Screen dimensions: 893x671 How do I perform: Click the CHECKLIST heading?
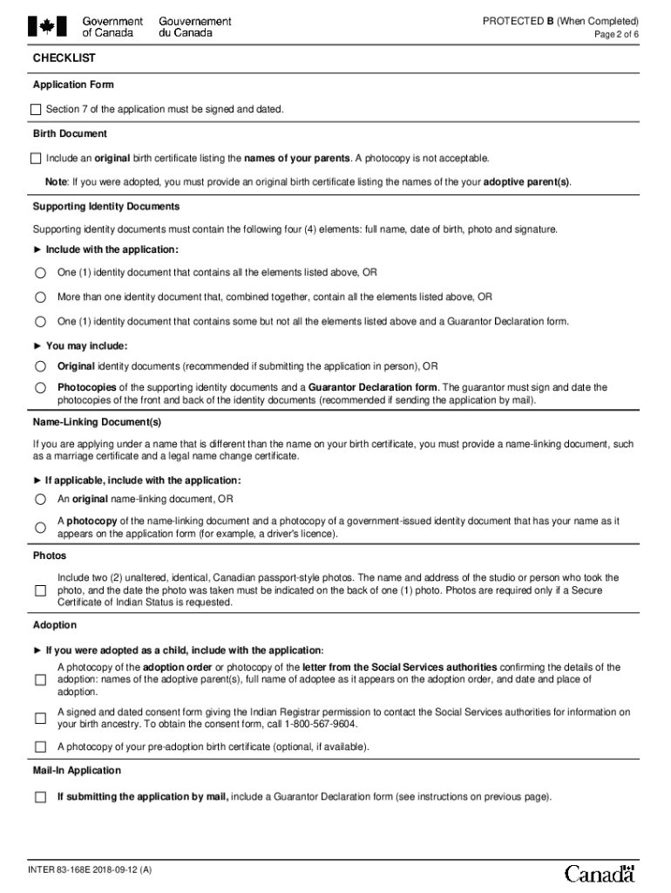tap(64, 58)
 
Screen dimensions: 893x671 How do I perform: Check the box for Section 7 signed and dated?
tap(36, 109)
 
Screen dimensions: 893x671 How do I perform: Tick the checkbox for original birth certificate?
tap(36, 159)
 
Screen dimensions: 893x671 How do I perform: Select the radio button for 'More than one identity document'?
tap(40, 297)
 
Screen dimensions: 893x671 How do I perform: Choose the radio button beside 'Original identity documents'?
tap(40, 366)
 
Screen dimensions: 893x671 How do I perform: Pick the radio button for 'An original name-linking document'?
tap(40, 500)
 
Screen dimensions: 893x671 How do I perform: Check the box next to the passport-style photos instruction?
tap(40, 590)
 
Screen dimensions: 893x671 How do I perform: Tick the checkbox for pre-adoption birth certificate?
tap(40, 747)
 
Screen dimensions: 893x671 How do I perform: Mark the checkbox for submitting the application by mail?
tap(40, 797)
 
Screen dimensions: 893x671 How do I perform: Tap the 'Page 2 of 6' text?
tap(616, 34)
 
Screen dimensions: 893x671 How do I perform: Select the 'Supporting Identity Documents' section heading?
tap(106, 207)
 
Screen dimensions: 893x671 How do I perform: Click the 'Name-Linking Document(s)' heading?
tap(98, 422)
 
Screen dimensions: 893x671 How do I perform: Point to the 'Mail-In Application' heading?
tap(77, 771)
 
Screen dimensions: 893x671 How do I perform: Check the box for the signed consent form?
tap(40, 719)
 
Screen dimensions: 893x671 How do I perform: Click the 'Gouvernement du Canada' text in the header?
tap(195, 27)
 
